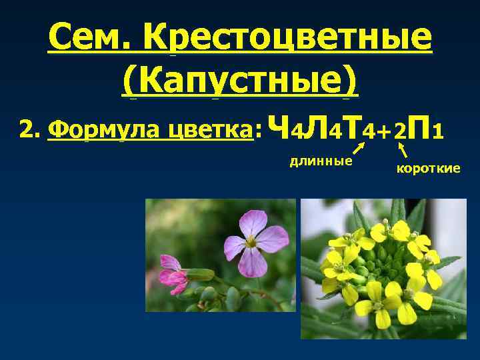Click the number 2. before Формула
(31, 129)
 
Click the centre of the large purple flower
(251, 243)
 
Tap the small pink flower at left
(173, 274)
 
